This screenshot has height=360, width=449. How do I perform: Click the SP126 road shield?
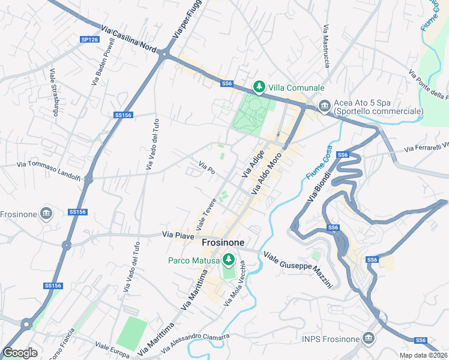[89, 40]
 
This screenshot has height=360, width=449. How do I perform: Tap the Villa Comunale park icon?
[259, 87]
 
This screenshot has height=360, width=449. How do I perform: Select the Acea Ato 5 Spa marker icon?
[324, 106]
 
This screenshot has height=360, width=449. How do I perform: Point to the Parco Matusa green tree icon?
[228, 260]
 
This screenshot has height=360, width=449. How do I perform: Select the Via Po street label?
[206, 167]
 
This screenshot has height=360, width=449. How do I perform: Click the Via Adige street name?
[253, 164]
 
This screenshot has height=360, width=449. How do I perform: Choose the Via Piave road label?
[178, 236]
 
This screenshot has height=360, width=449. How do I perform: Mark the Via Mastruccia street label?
[326, 46]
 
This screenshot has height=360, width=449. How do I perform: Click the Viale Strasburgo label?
[54, 93]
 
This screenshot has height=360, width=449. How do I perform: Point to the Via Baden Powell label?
[103, 62]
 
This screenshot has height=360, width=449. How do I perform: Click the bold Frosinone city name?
[223, 242]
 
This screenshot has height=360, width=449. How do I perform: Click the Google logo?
[20, 353]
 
